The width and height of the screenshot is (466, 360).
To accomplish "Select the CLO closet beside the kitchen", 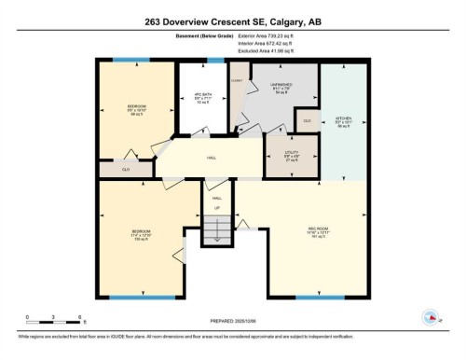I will click(307, 121).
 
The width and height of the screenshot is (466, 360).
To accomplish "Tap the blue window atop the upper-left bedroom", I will click(130, 61).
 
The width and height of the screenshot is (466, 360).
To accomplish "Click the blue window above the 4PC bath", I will click(215, 61).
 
